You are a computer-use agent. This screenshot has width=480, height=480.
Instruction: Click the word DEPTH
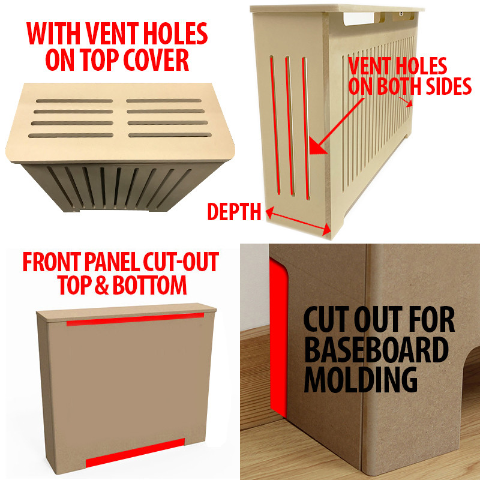234,212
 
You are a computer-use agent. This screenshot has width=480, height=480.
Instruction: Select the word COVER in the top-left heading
156,59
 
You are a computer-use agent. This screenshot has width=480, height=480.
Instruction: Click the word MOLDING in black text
361,380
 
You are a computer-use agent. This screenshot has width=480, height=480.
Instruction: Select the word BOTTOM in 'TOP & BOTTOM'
149,285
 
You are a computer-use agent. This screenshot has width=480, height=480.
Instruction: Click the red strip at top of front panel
136,319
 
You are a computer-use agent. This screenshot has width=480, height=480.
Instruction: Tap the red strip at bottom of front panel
135,453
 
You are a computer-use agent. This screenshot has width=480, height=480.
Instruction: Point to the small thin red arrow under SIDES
406,102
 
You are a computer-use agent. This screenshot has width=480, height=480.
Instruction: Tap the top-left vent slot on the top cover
74,101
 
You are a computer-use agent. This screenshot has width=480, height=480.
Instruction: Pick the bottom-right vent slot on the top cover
170,135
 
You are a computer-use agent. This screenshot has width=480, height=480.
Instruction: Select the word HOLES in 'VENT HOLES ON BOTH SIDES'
425,65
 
